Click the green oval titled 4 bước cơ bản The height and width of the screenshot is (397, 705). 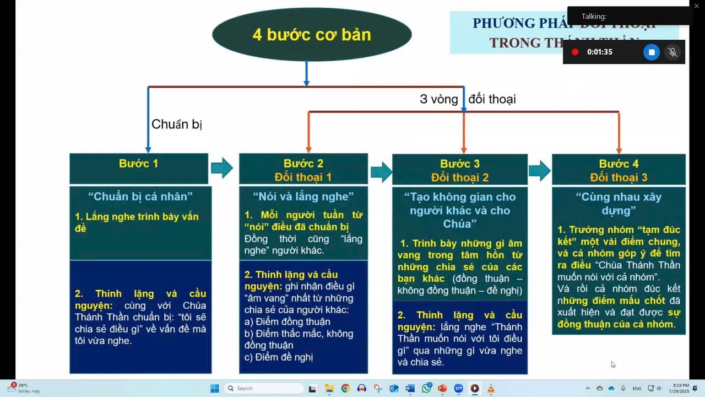312,35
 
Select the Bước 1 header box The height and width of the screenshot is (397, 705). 139,168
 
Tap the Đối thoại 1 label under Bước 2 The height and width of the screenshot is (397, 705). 303,177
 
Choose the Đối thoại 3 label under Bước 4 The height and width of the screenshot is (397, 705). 619,178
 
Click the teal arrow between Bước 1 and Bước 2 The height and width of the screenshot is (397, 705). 223,168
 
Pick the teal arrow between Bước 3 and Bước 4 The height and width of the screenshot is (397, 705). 540,171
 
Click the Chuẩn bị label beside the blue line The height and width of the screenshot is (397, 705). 177,124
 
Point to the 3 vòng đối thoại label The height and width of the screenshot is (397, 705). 467,99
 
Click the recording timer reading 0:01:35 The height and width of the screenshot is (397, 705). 600,52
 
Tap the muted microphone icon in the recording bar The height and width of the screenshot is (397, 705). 673,52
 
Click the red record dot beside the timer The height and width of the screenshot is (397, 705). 575,52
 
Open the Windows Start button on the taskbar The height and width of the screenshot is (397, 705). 215,388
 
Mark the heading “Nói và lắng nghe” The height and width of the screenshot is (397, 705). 303,196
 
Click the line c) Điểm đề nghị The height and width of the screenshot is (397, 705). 279,357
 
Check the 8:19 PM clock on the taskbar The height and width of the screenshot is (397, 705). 677,388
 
